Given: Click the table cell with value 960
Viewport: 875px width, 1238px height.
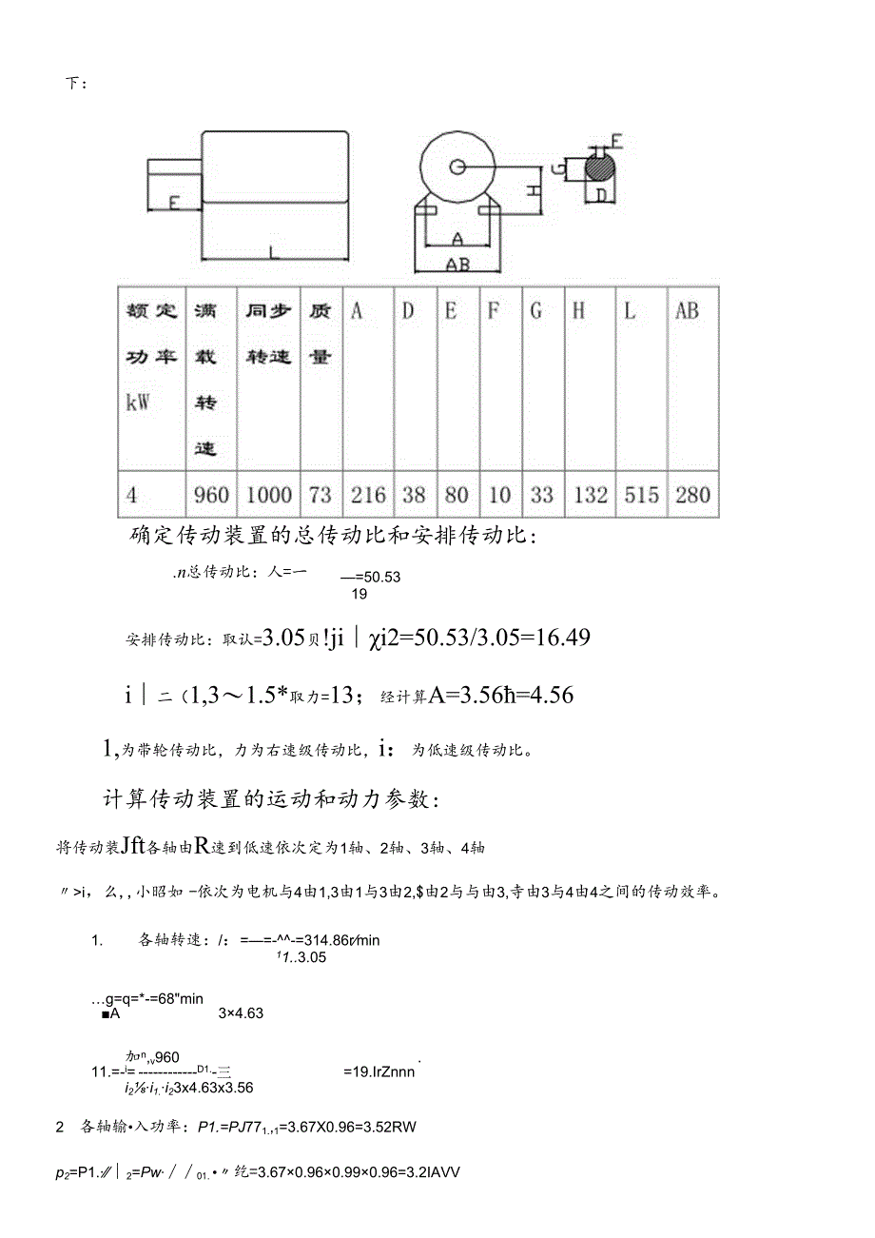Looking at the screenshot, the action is (x=210, y=495).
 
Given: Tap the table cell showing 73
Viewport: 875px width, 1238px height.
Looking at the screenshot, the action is (x=321, y=495).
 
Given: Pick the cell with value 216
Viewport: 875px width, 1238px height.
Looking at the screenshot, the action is (x=368, y=495).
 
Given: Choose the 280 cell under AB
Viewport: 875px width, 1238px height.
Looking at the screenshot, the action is (x=691, y=495).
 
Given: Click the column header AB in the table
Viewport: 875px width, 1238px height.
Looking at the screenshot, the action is (x=687, y=311).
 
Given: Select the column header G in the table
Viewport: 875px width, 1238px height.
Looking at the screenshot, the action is (x=536, y=311).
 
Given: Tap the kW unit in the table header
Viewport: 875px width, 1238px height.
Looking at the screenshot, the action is (x=139, y=402).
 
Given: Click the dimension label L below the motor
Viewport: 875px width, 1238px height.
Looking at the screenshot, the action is (x=273, y=252).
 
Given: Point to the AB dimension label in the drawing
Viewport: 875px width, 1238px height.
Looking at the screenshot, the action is (x=457, y=265).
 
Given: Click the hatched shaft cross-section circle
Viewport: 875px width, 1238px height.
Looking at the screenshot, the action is (x=599, y=168).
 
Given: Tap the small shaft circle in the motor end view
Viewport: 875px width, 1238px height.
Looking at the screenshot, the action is (x=458, y=167).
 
